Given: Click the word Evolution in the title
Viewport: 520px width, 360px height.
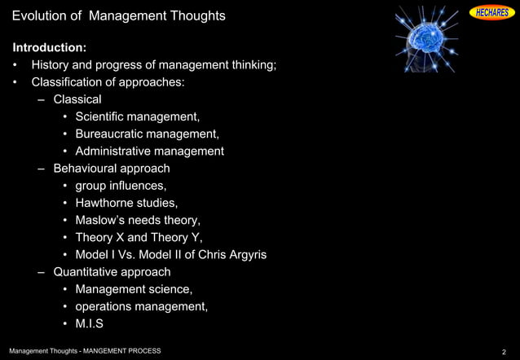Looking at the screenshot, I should (41, 16).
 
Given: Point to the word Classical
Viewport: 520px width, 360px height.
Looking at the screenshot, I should (77, 99).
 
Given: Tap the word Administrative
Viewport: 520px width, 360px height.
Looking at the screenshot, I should (114, 151).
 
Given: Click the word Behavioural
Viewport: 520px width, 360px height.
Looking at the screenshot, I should (86, 169).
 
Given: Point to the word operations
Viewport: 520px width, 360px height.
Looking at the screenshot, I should (106, 306).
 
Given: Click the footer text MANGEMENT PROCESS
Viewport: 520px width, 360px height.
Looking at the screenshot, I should (122, 351).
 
